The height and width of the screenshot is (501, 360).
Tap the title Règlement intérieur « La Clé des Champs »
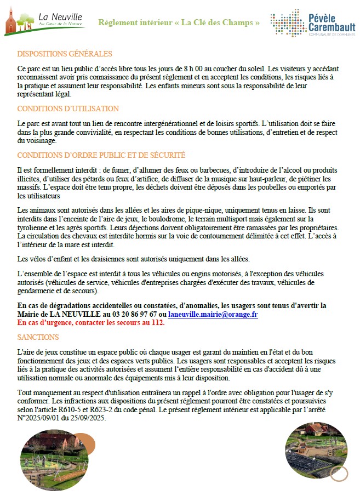179,22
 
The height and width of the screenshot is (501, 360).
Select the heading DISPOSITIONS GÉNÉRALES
65,54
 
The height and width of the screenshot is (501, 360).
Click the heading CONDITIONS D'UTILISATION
68,109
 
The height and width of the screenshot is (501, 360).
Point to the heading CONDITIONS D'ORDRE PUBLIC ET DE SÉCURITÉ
101,155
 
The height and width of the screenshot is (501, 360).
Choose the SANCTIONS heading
38,337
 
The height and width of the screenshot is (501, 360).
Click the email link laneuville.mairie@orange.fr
213,314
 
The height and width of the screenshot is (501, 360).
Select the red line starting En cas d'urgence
91,322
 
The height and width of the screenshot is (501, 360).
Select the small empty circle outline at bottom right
339,473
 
